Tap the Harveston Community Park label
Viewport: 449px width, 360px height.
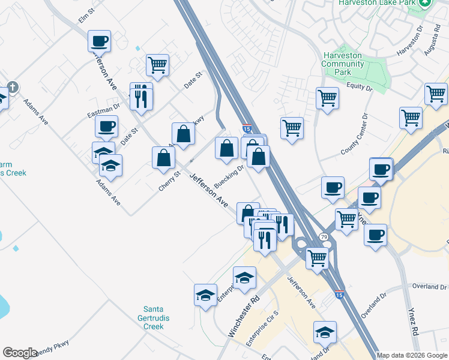(x=342, y=64)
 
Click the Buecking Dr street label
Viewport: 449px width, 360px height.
(x=229, y=177)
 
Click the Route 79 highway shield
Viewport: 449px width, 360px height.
(x=324, y=237)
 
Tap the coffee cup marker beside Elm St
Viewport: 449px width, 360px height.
(x=100, y=41)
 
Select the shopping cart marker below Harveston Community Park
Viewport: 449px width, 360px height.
(x=327, y=98)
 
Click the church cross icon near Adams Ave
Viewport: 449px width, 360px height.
(x=13, y=88)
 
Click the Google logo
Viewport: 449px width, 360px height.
(x=20, y=353)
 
